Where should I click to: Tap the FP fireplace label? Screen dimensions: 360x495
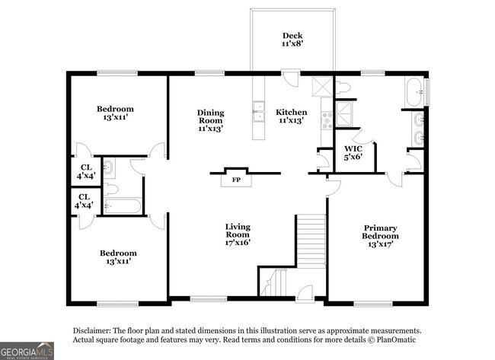(236, 180)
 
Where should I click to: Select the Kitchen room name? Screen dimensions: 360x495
(291, 111)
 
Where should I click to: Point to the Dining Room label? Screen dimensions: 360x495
(210, 120)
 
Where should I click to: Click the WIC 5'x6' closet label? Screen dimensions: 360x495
(353, 152)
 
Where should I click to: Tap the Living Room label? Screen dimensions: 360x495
(238, 234)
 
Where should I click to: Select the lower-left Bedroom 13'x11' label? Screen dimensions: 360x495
(118, 257)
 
